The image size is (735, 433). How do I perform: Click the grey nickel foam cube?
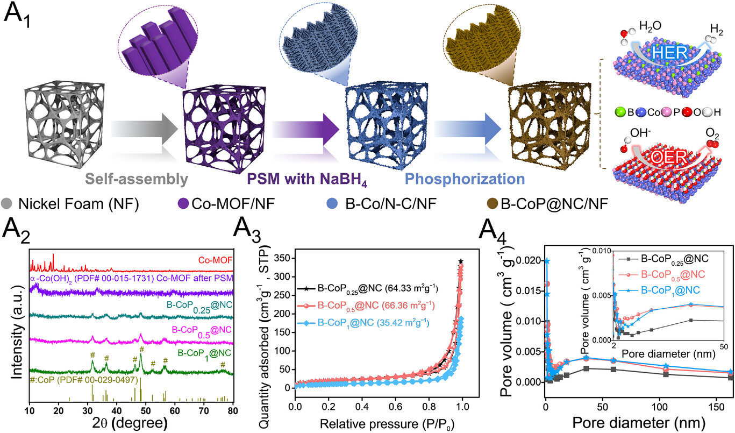59,126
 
